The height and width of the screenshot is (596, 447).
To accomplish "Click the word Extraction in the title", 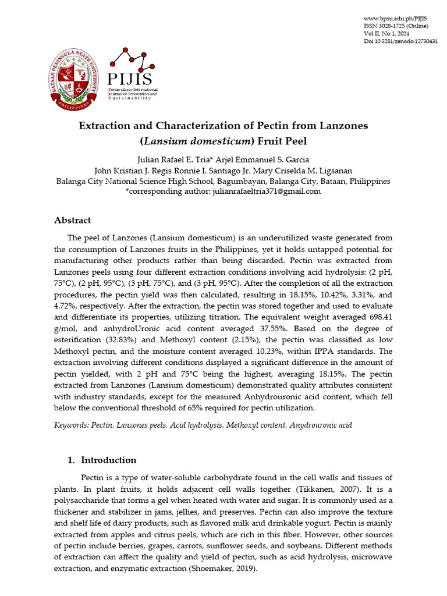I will pos(109,126).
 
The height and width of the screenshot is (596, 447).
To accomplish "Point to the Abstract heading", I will pos(72,221).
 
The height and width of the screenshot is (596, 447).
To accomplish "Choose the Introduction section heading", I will pos(108,460).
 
